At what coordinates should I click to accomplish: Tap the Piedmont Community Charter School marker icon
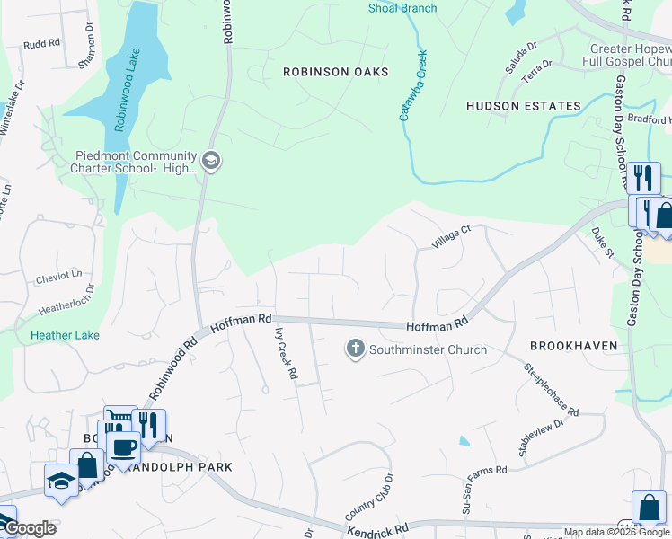pos(211,161)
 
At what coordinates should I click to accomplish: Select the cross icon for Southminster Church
pos(356,349)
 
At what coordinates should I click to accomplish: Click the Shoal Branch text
pos(402,9)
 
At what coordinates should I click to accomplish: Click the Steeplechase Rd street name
pos(552,389)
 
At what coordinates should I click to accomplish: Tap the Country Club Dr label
pos(369,500)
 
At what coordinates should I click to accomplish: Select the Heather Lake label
pos(65,335)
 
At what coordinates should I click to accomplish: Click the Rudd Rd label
pos(40,43)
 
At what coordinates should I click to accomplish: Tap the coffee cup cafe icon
pos(123,446)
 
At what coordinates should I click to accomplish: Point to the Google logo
pos(29,528)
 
